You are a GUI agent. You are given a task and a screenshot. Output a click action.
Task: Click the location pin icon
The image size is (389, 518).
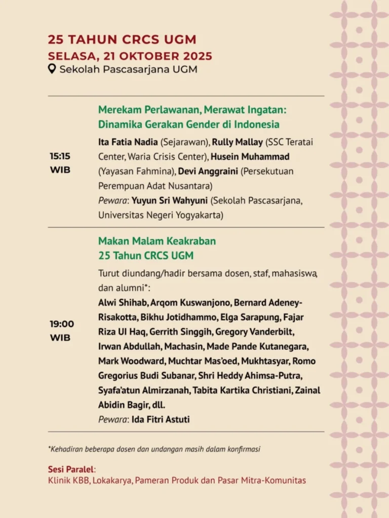pyautogui.click(x=52, y=69)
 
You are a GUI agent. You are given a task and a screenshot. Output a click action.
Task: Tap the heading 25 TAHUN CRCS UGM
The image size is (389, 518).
pyautogui.click(x=122, y=39)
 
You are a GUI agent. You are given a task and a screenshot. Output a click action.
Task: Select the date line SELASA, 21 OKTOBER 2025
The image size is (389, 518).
pyautogui.click(x=130, y=56)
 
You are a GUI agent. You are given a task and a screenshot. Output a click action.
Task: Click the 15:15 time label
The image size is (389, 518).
pyautogui.click(x=60, y=156)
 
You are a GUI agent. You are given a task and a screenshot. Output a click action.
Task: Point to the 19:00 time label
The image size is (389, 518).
pyautogui.click(x=61, y=324)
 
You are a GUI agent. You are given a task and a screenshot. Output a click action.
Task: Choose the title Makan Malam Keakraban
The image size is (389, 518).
pyautogui.click(x=157, y=241)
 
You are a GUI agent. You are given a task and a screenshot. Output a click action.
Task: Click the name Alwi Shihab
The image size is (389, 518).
pyautogui.click(x=123, y=303)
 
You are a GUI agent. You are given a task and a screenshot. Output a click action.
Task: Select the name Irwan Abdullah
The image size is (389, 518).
pyautogui.click(x=125, y=347)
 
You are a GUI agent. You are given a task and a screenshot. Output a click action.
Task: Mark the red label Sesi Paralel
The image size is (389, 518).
pyautogui.click(x=71, y=469)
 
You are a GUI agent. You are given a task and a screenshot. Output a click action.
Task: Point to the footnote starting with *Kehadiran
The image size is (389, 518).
pyautogui.click(x=157, y=449)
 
